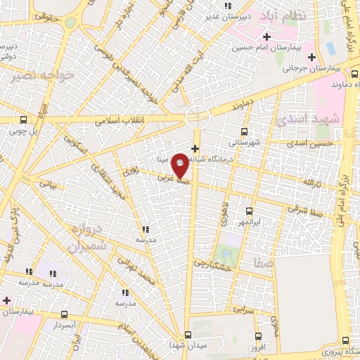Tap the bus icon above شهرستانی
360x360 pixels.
pos(244,131)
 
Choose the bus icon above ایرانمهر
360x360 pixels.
pos(249,210)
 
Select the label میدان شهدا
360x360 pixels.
pos(186,345)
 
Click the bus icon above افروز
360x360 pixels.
pos(259,336)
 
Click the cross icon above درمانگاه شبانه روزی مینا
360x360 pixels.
pos(195,148)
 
